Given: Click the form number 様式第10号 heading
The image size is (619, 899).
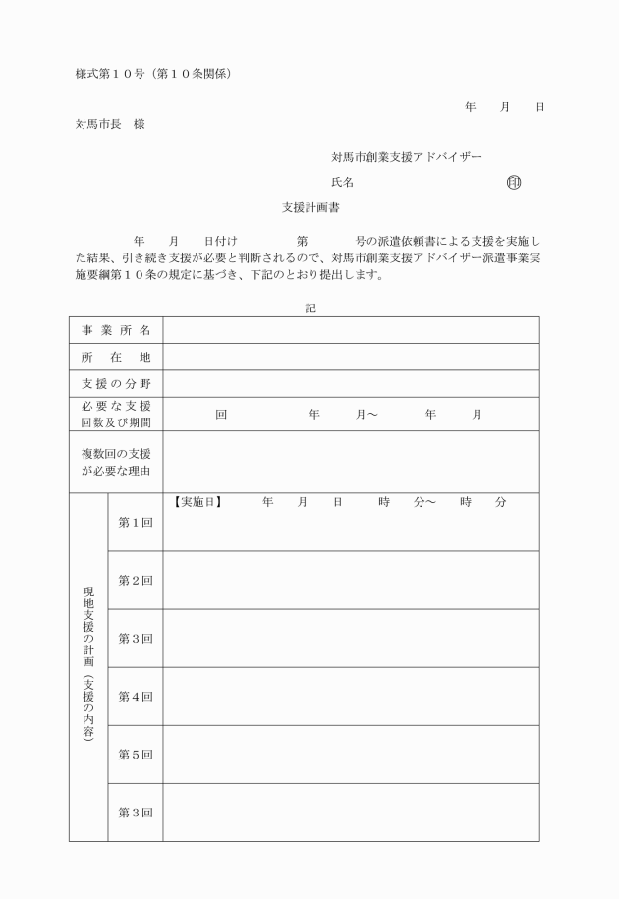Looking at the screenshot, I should [x=153, y=74].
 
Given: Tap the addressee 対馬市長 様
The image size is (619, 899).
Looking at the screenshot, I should [x=110, y=124].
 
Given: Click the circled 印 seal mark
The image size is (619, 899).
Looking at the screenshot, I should [x=513, y=182].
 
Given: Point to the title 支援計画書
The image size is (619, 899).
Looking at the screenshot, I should [x=310, y=208].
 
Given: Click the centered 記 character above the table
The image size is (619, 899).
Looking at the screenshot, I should [x=309, y=308].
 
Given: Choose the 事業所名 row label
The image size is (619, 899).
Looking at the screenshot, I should [x=116, y=330].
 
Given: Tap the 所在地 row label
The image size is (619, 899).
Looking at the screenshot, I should [x=116, y=357].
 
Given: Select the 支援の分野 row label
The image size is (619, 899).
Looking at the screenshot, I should [x=116, y=383].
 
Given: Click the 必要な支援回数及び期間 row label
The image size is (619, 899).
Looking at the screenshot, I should [x=116, y=414].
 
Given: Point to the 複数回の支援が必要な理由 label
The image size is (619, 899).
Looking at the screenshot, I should [x=116, y=462].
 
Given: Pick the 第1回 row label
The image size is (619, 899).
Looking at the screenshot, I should [x=136, y=522].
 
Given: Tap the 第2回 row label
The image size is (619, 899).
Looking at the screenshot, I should [x=136, y=580].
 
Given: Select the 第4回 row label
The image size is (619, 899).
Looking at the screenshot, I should [x=136, y=697].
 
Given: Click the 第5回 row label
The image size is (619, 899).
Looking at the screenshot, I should [x=136, y=755].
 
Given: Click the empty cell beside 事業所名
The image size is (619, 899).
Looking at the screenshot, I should [x=351, y=330].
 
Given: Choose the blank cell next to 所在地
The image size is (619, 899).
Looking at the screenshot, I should [x=351, y=357].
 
